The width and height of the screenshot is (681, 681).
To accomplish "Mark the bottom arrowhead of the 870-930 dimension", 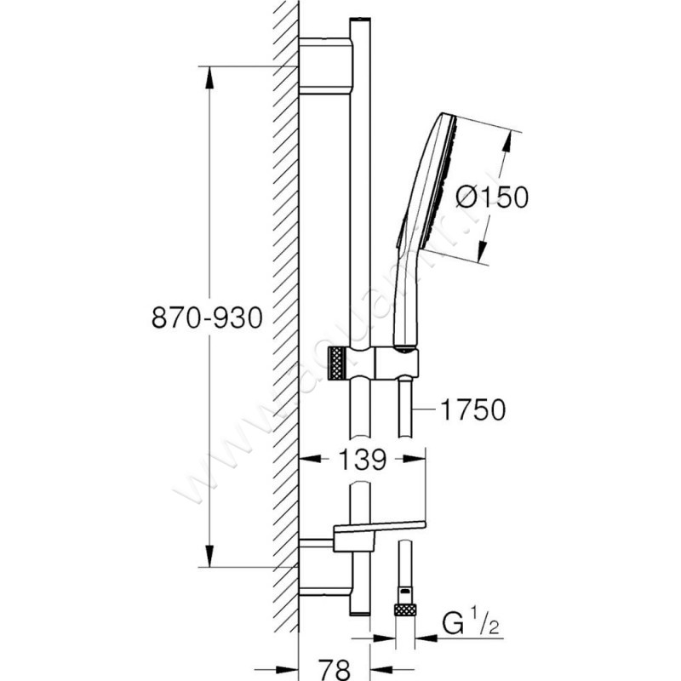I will (208, 558).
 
